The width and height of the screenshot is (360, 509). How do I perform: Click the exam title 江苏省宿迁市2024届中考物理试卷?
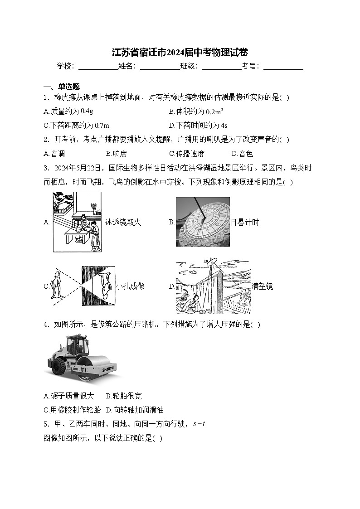coord(180,52)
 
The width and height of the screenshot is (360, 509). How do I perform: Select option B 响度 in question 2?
coord(117,154)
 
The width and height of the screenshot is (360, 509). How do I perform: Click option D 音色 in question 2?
coord(242,154)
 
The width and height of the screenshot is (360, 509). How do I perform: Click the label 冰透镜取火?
coord(123,222)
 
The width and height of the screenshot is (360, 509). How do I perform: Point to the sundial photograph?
coord(203,222)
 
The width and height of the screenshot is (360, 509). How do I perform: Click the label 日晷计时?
coord(245,222)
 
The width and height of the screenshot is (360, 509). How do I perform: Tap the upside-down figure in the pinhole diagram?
coord(104,284)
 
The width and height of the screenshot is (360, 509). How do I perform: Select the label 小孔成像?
coord(130,286)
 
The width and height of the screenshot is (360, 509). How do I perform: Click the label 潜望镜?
coord(263,286)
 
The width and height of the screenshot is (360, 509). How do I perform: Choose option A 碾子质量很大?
coord(69,396)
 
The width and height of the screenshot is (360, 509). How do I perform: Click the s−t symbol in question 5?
coord(199,424)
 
